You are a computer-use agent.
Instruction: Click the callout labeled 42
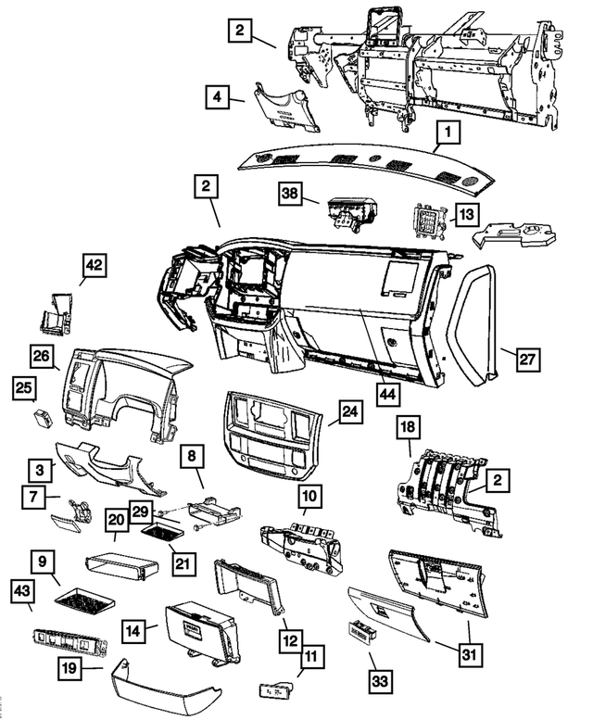click(95, 266)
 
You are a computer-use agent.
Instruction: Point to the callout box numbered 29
click(141, 512)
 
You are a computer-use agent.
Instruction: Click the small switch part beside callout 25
click(43, 418)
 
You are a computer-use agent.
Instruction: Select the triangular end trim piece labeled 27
click(474, 324)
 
